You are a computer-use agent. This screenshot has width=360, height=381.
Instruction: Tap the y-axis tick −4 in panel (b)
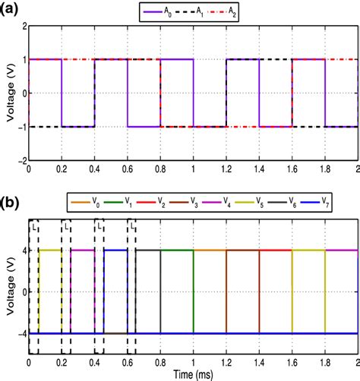tap(19, 333)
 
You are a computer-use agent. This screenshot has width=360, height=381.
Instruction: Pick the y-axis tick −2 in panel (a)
tap(19, 160)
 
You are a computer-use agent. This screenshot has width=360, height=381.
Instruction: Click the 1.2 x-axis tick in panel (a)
tap(226, 168)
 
